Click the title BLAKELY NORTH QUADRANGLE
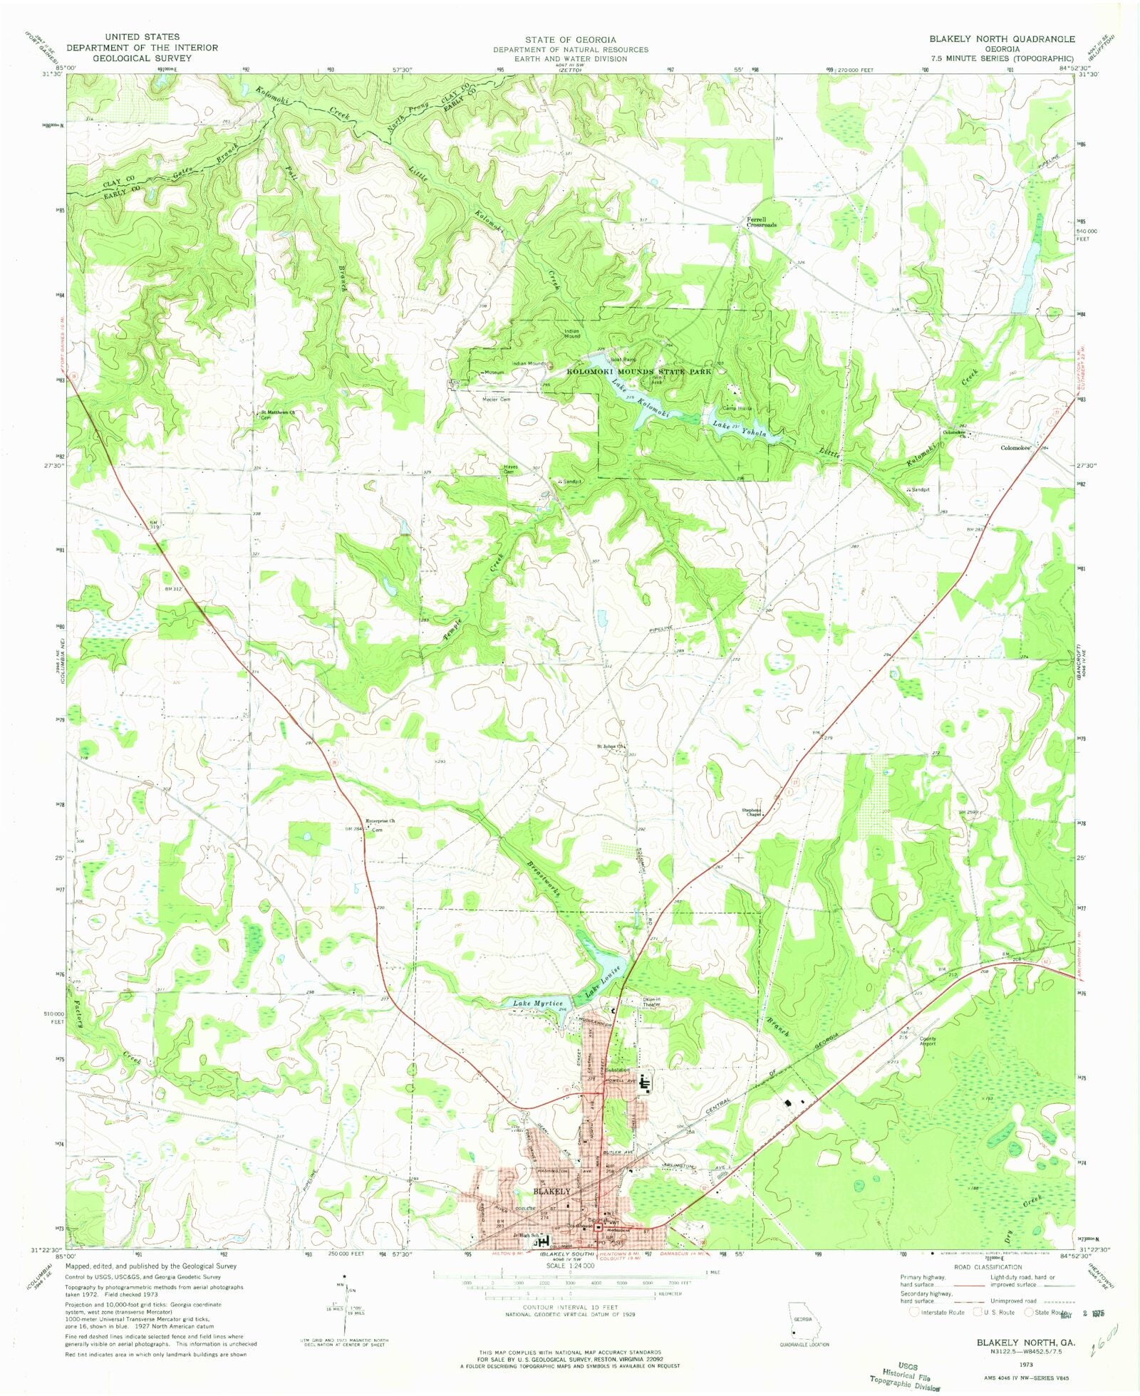[1001, 38]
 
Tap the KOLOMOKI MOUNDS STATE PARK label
[638, 372]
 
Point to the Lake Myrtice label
[538, 1004]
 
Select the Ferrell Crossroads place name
[761, 222]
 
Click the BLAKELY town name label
[552, 1191]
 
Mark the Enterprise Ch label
[380, 821]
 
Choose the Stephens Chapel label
[752, 812]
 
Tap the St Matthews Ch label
[277, 412]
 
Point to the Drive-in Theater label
[652, 1002]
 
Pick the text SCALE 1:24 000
[570, 1266]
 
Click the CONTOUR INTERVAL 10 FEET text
[569, 1308]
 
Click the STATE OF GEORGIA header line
[571, 40]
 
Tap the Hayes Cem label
[509, 469]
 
